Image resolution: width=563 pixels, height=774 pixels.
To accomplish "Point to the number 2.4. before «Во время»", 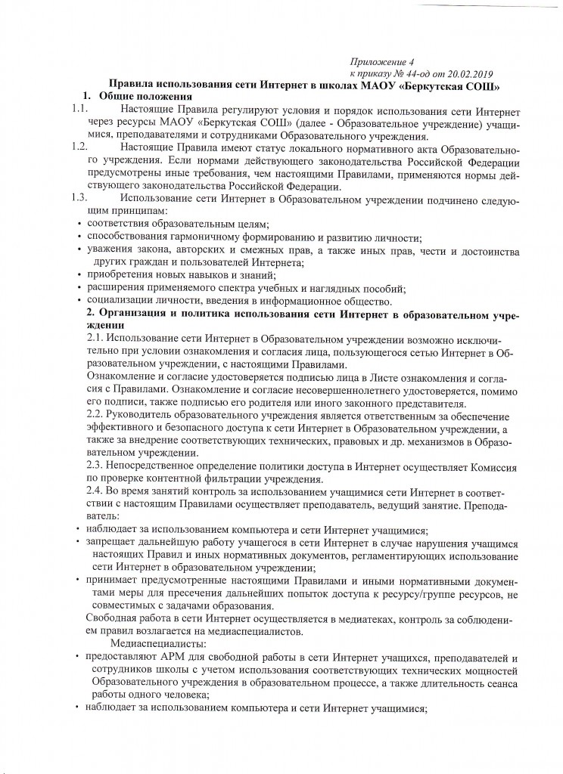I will pyautogui.click(x=96, y=493).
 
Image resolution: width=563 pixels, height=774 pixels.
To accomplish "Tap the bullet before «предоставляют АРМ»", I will pyautogui.click(x=79, y=656).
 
